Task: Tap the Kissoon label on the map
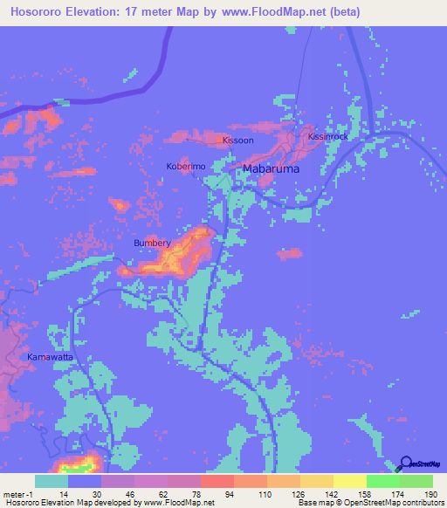[x=237, y=140]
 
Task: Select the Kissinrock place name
[x=328, y=137]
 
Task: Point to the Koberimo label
[x=185, y=165]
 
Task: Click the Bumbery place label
[x=152, y=244]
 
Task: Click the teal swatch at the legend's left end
[x=51, y=481]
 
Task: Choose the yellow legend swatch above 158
[x=349, y=481]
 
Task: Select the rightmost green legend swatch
[x=416, y=481]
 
